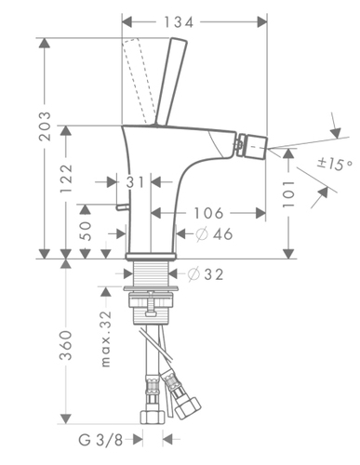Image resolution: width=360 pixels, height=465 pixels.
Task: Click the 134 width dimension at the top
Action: (x=179, y=22)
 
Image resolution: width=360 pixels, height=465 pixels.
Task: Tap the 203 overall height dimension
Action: (x=45, y=126)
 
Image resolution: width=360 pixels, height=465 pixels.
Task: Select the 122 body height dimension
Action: (x=66, y=179)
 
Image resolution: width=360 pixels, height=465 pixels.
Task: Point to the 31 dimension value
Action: (x=136, y=182)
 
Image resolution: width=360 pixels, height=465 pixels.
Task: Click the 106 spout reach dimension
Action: (x=208, y=213)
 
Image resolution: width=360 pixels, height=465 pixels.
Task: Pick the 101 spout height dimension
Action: (x=288, y=194)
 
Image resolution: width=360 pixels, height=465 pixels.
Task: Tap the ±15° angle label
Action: (x=335, y=164)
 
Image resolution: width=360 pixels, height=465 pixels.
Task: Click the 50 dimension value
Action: (x=86, y=231)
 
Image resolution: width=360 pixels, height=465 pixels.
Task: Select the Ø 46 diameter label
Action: (x=214, y=233)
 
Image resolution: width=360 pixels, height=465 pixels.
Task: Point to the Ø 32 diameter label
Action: (x=206, y=274)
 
